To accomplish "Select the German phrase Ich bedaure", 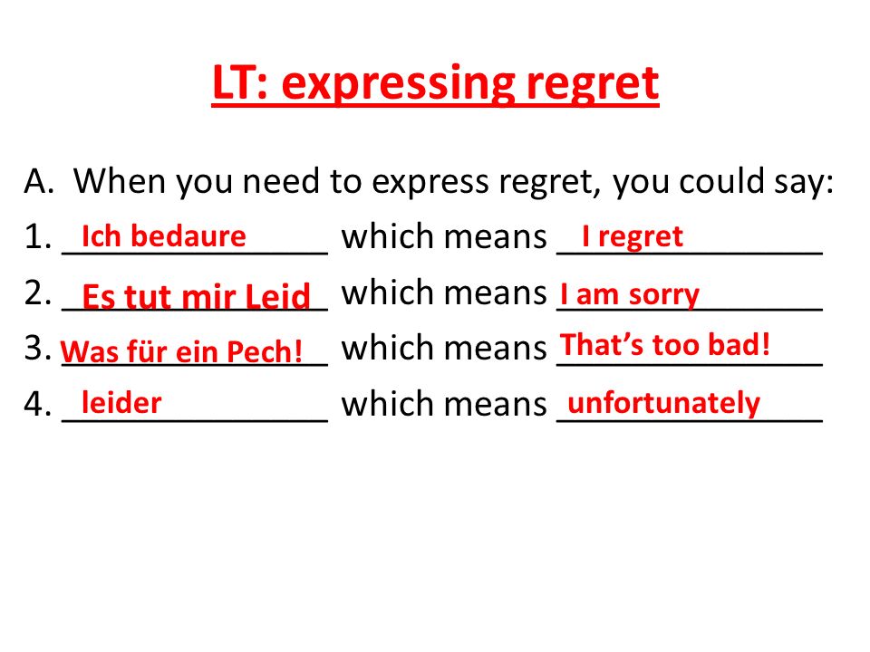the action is pyautogui.click(x=164, y=236).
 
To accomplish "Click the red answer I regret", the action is pyautogui.click(x=633, y=237).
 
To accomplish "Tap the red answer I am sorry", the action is pyautogui.click(x=630, y=293).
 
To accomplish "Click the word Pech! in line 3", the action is pyautogui.click(x=264, y=351).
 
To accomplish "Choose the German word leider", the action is pyautogui.click(x=121, y=402).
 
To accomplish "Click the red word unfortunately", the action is pyautogui.click(x=663, y=404).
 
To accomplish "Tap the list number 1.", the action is pyautogui.click(x=38, y=236).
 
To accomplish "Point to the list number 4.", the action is pyautogui.click(x=38, y=403).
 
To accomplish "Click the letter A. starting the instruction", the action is pyautogui.click(x=39, y=181).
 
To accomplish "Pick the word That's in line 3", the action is pyautogui.click(x=602, y=344).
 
